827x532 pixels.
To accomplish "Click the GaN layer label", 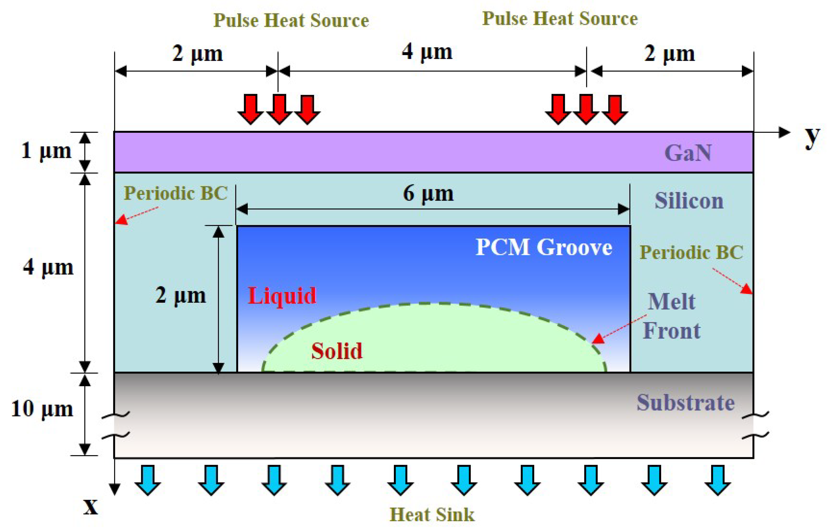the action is click(x=687, y=153).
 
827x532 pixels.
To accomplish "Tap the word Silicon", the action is click(x=689, y=201).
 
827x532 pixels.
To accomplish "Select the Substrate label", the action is click(x=686, y=402).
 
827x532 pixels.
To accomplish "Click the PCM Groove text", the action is click(x=544, y=247).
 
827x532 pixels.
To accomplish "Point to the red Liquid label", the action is click(x=282, y=296).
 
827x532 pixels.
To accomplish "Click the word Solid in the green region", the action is click(x=337, y=351).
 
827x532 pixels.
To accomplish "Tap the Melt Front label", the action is click(x=671, y=316).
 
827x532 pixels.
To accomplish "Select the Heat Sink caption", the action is click(x=432, y=515).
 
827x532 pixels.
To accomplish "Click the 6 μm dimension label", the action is click(x=428, y=193).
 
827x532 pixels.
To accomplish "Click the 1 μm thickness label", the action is click(x=46, y=151).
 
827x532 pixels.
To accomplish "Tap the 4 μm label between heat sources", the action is click(x=427, y=53).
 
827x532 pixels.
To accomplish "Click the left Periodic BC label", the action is click(x=175, y=193).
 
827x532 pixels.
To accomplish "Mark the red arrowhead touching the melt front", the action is click(x=598, y=339).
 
